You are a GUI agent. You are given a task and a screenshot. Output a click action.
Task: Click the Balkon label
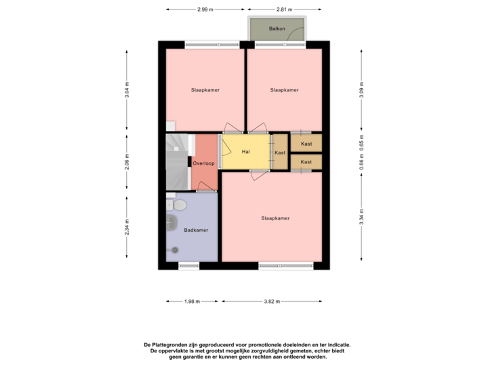[276, 29]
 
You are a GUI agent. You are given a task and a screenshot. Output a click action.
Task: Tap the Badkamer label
[196, 230]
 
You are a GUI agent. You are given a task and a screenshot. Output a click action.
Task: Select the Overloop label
[203, 163]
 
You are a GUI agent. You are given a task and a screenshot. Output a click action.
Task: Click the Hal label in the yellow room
[246, 152]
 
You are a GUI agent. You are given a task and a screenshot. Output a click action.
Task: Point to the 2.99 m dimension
[205, 9]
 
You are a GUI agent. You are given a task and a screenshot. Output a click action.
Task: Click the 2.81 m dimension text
[285, 9]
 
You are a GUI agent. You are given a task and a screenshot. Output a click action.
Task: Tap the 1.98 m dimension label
[192, 301]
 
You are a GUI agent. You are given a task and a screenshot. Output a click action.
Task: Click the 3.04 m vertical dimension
[127, 91]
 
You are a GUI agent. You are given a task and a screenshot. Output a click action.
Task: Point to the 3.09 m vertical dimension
[361, 91]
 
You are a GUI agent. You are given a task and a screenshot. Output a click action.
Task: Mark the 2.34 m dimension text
[127, 227]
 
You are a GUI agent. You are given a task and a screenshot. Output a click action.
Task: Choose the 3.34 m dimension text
[361, 217]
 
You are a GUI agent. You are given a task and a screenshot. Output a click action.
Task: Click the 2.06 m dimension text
[127, 162]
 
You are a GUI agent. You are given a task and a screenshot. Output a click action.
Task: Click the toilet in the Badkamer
[180, 204]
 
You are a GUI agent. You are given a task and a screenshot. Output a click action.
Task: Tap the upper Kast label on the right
[306, 144]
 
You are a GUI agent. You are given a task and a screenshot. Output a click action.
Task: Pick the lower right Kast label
[306, 162]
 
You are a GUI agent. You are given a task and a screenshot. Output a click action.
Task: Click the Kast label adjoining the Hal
[280, 153]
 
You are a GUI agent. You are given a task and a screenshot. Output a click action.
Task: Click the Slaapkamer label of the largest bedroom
[276, 218]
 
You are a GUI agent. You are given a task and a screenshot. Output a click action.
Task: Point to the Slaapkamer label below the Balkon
[284, 90]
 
